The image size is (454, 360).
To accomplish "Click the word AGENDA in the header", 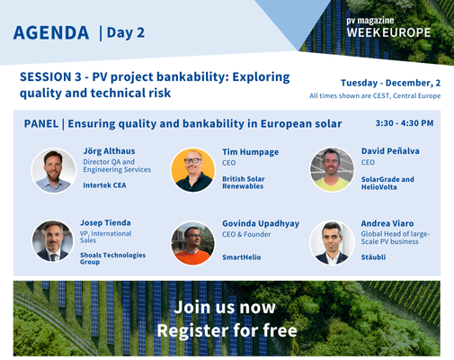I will (51, 33).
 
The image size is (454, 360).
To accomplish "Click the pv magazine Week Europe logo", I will (387, 27).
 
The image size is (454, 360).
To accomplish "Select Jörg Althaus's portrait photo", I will (53, 170).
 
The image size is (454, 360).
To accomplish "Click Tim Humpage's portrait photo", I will (192, 170).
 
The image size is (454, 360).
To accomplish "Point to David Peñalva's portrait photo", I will (332, 170).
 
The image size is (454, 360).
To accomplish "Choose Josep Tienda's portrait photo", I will (53, 241).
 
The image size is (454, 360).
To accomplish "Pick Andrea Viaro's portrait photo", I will (332, 242).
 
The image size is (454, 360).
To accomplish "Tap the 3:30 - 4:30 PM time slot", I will (404, 123).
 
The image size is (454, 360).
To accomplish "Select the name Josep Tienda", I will (105, 222).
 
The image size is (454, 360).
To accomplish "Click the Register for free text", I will (227, 329).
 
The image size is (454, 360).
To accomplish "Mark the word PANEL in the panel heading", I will (46, 123).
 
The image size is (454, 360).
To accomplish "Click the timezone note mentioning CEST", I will (375, 95).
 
